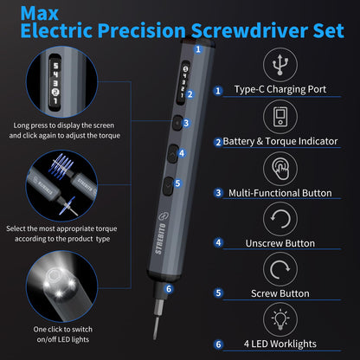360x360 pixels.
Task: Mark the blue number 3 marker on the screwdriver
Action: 184,123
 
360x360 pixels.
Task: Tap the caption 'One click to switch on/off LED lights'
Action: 54,334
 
